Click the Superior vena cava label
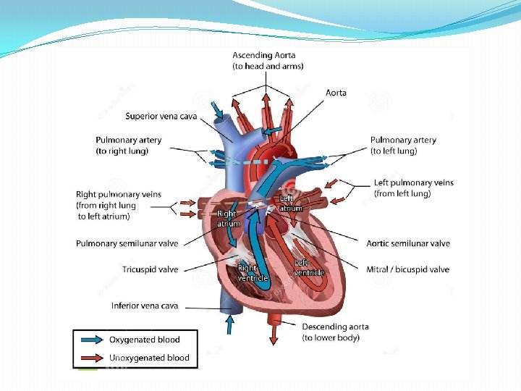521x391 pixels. pos(161,116)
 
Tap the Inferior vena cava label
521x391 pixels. pos(145,306)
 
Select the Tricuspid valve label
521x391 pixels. pos(150,269)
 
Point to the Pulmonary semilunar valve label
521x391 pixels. pos(127,243)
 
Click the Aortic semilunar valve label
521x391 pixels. pos(408,243)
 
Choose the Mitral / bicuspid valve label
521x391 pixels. pos(407,269)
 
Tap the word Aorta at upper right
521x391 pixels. pos(336,93)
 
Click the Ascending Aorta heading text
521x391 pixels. pos(264,55)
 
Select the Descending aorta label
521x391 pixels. pos(335,327)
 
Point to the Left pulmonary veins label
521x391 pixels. pos(413,182)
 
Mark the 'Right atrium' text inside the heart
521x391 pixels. pos(227,219)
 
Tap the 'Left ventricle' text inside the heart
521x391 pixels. pos(309,267)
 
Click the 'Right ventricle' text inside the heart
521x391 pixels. pos(253,273)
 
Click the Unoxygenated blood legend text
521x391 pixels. pos(149,358)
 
